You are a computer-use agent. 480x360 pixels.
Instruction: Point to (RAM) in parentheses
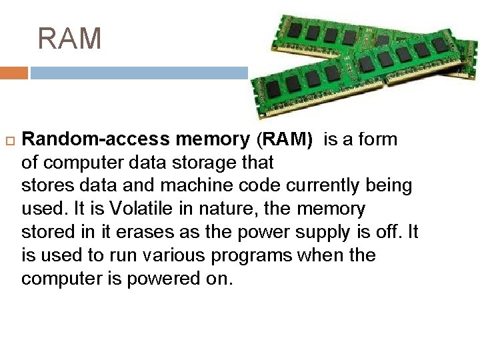tap(284, 139)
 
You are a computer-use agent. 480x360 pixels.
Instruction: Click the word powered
tap(160, 279)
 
